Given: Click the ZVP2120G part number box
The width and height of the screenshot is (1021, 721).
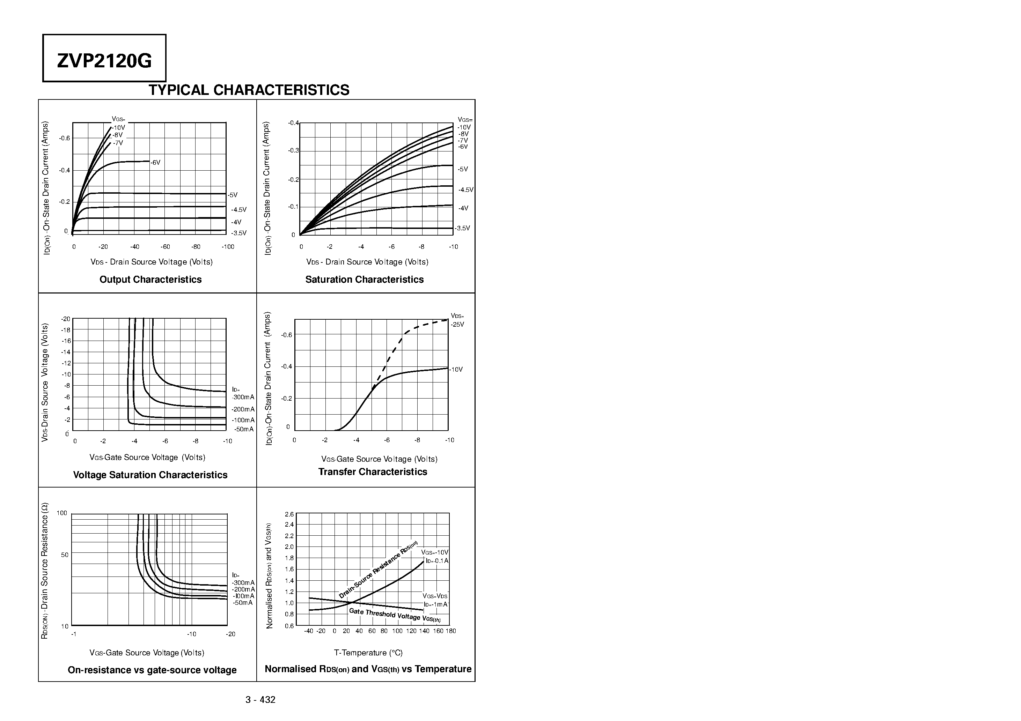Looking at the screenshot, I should click(x=104, y=58).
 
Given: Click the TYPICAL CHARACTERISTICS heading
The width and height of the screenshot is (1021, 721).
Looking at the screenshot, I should click(x=249, y=90).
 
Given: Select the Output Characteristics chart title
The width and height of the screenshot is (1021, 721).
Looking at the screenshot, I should click(x=150, y=280).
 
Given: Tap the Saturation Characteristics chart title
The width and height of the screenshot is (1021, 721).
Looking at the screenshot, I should click(x=364, y=280).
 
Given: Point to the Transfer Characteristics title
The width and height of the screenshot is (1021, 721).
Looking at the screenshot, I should click(x=372, y=471).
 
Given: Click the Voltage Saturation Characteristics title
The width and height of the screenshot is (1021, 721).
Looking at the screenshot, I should click(x=150, y=475).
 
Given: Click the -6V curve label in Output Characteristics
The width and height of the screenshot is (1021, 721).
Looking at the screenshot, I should click(x=155, y=163).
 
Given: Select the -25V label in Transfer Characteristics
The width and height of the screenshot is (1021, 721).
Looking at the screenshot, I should click(x=457, y=325).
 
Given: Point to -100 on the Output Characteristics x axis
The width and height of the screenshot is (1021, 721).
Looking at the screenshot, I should click(x=228, y=247).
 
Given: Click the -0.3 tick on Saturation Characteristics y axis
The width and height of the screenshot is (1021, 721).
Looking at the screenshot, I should click(x=294, y=151).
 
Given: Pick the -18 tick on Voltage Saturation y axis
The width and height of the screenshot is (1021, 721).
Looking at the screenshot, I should click(x=66, y=330).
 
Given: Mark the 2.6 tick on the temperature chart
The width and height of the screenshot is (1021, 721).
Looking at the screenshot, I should click(x=289, y=514).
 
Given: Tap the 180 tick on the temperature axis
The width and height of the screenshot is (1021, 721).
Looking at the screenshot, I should click(x=451, y=631).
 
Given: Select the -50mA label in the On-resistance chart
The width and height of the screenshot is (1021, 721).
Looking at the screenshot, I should click(x=242, y=603).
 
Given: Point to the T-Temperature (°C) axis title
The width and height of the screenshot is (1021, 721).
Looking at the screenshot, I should click(x=368, y=653).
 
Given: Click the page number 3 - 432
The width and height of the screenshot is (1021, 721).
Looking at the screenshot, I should click(x=260, y=700).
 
